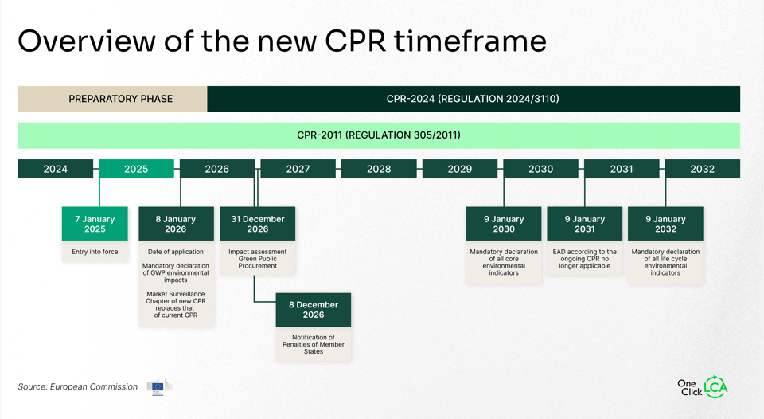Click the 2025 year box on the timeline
click(x=136, y=169)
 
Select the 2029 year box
click(x=459, y=169)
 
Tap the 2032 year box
click(x=702, y=169)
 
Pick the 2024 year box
click(x=56, y=169)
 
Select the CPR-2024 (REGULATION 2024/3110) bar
click(x=473, y=99)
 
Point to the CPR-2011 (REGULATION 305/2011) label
click(x=379, y=135)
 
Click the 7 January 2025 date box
click(x=95, y=224)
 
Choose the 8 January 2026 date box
click(x=176, y=224)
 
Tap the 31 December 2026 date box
click(x=257, y=224)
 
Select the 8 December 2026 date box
click(x=314, y=310)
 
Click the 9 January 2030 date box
click(x=504, y=224)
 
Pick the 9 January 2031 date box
click(x=585, y=224)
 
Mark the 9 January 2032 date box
click(x=665, y=224)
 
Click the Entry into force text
click(x=95, y=252)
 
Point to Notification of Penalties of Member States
click(x=314, y=344)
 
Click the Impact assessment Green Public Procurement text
click(x=257, y=259)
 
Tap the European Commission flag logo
click(x=158, y=387)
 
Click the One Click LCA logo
click(x=703, y=387)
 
